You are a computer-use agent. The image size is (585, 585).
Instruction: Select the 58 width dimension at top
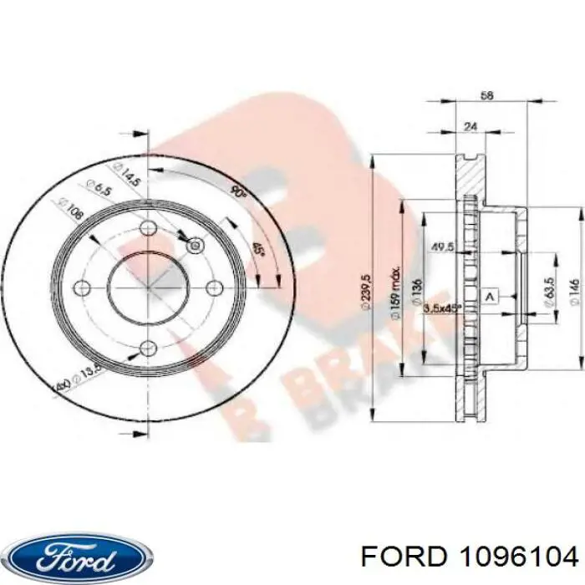(x=487, y=96)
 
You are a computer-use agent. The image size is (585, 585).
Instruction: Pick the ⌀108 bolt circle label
(x=74, y=208)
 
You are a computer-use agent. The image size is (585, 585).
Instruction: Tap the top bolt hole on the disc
(x=147, y=228)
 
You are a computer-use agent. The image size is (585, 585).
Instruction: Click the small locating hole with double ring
(x=195, y=245)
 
